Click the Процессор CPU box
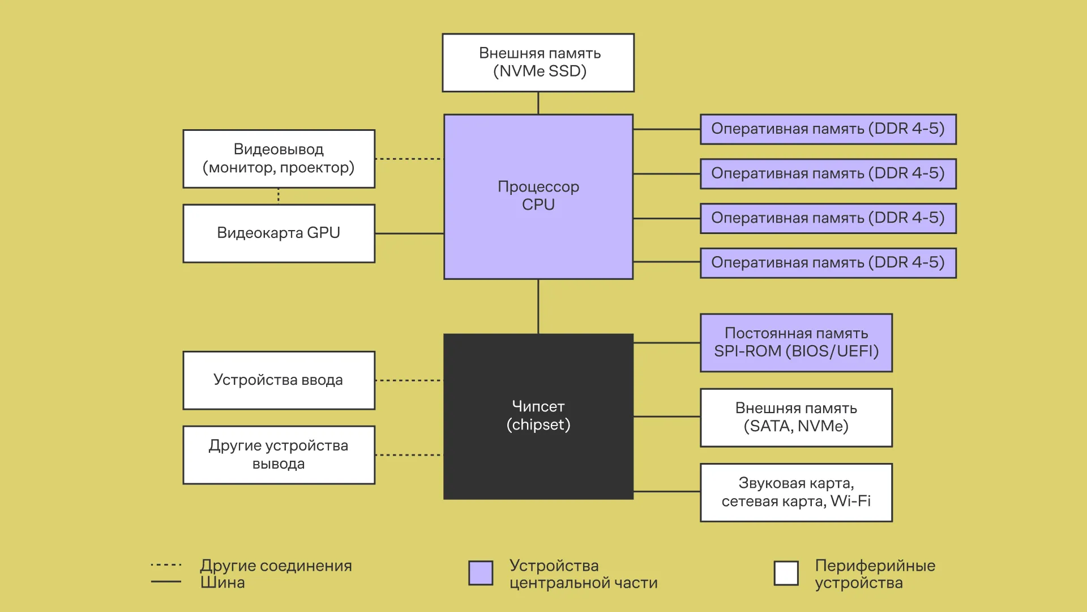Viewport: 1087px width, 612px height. click(538, 196)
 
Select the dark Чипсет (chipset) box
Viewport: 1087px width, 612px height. click(538, 416)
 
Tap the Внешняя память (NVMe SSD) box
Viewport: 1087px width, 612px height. click(538, 62)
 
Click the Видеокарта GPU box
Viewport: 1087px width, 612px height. click(279, 233)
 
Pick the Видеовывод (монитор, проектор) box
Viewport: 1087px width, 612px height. click(279, 159)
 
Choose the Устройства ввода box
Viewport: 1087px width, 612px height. click(279, 380)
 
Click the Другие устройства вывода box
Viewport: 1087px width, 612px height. click(279, 454)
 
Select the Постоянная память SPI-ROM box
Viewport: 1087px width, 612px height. click(796, 342)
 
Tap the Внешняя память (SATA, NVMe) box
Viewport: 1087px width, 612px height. click(796, 417)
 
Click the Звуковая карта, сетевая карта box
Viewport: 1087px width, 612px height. click(796, 492)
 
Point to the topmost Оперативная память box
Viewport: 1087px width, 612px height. click(828, 129)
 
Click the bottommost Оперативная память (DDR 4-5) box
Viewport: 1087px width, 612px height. click(828, 262)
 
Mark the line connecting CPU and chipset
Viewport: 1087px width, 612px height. click(538, 306)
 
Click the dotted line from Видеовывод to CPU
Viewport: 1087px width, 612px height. click(409, 159)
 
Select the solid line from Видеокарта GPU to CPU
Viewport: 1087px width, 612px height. click(409, 233)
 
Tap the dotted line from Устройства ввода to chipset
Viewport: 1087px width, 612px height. click(409, 380)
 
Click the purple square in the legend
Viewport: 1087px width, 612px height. click(481, 573)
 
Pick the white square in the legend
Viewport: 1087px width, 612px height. click(786, 573)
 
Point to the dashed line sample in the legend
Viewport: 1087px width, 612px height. click(166, 565)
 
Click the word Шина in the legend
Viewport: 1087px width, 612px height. click(222, 583)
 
